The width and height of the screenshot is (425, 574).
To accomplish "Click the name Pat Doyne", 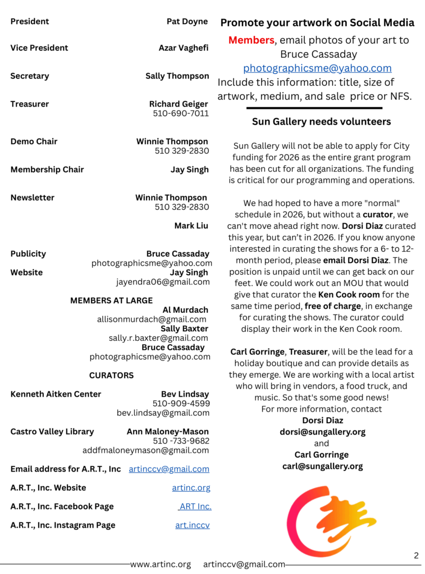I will point(187,21).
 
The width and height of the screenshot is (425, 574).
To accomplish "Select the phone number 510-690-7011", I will point(180,113).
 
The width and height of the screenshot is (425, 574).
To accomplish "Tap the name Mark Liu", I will point(191,225).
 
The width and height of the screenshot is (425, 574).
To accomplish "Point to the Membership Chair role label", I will point(47,169).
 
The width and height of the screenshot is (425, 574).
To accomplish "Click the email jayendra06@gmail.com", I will point(163,282).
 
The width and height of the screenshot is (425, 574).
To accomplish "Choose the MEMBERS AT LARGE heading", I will point(111,300).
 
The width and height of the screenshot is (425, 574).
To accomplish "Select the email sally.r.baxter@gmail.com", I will point(158,338).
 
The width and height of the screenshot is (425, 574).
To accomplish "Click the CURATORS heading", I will point(111,375).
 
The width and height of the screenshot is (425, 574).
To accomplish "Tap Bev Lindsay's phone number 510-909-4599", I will point(181,403).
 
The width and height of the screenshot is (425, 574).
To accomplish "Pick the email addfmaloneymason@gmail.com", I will point(145,450).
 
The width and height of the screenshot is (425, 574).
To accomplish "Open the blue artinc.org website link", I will point(191,488).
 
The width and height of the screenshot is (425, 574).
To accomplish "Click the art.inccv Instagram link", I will point(192,525).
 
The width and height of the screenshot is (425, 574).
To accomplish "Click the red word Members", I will point(251,40).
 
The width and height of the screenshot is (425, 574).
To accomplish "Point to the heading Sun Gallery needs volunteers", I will point(321,122).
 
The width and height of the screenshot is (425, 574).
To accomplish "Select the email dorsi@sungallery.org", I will point(322,432).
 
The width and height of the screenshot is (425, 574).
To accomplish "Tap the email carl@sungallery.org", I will point(322,466).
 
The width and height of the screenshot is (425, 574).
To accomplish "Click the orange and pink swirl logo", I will point(322,521).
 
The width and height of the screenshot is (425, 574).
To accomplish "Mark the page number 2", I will point(416,556).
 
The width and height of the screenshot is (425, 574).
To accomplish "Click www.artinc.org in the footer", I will point(161,564).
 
